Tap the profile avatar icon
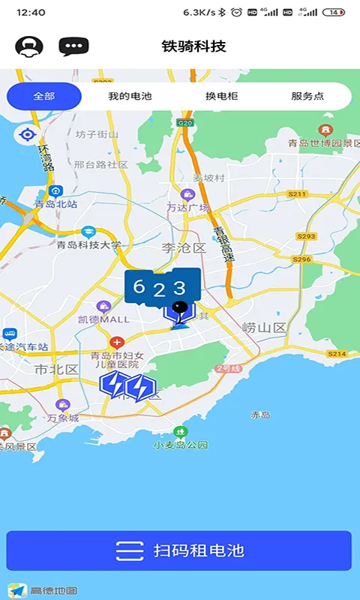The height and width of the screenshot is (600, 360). coord(29,46)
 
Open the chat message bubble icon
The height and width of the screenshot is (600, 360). coord(73,46)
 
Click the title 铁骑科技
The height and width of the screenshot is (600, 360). coord(193,46)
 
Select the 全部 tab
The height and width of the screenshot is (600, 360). coord(44,96)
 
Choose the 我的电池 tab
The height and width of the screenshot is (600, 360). coord(130,96)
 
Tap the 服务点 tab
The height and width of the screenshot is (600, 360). coord(307,96)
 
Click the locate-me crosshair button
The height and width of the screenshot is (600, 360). coord(28,135)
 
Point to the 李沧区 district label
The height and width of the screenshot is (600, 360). coord(184,247)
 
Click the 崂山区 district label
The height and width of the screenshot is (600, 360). coord(265,328)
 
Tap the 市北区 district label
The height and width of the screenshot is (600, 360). coord(56,369)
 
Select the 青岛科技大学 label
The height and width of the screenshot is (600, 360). coord(88,244)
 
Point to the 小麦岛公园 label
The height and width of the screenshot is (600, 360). coord(180,444)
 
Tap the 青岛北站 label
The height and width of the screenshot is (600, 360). coord(55,203)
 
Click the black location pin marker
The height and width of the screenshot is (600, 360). coord(178,307)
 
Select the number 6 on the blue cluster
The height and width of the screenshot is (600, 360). coord(139,286)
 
